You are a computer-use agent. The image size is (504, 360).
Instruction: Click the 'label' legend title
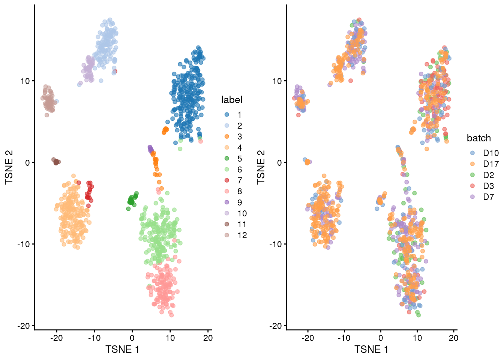[x=231, y=100]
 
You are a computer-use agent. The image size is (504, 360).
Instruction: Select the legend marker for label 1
[x=227, y=115]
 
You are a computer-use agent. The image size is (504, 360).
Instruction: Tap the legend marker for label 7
[x=227, y=180]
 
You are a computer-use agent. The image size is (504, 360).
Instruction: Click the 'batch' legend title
[x=478, y=138]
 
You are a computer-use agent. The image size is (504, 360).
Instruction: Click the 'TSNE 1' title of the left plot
[x=122, y=349]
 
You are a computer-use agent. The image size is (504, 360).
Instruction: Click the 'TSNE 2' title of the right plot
[x=261, y=167]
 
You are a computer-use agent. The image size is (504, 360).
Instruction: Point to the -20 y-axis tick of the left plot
[x=24, y=326]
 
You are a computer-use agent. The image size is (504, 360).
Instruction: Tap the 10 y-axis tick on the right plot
[x=277, y=81]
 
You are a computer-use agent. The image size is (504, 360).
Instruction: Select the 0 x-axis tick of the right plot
[x=381, y=338]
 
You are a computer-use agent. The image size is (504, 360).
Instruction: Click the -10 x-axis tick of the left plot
[x=94, y=338]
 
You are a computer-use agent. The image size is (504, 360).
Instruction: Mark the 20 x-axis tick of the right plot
[x=453, y=338]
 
